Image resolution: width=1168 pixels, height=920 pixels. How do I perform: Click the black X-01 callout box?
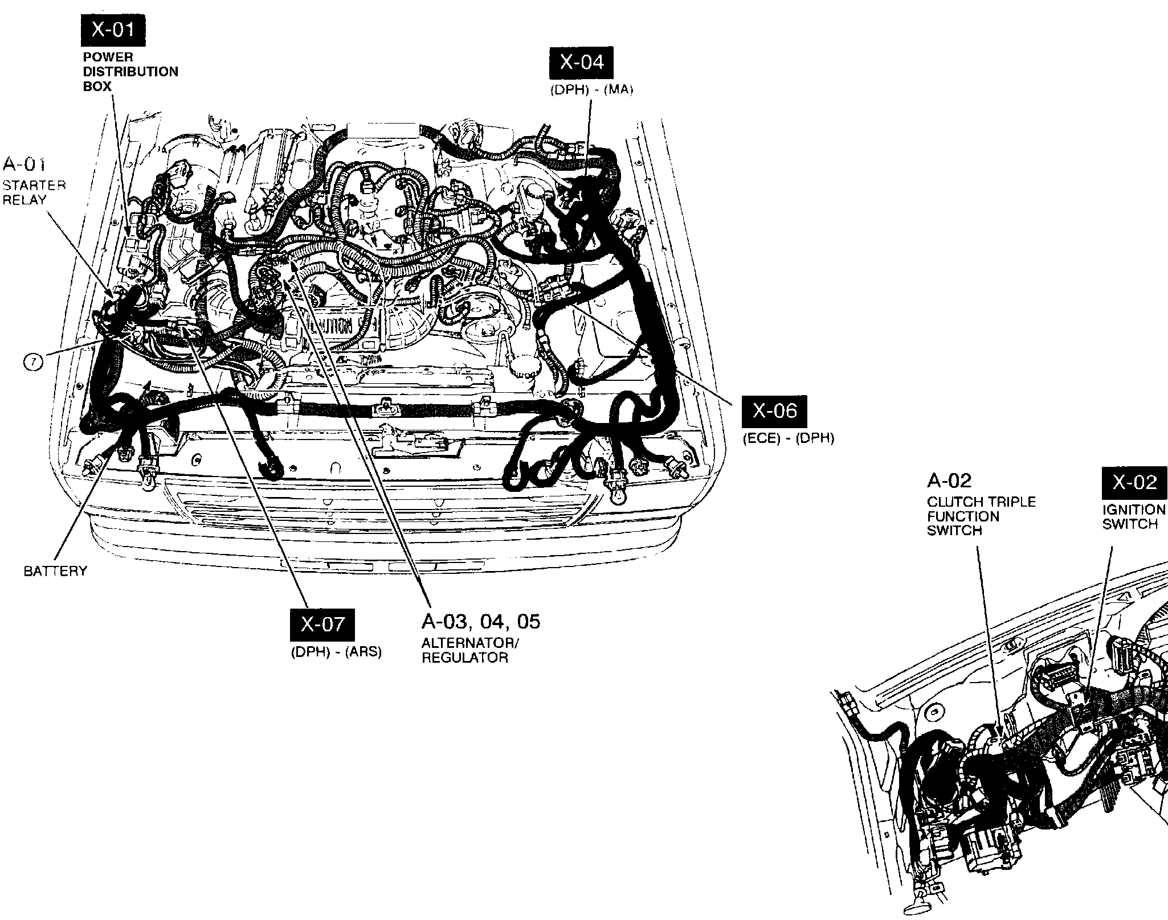coord(113,31)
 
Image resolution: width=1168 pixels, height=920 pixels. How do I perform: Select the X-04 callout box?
coord(581,63)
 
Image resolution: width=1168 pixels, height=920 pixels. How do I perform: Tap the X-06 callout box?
coord(774,411)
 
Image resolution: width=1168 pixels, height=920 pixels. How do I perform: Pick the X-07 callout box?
coord(322,625)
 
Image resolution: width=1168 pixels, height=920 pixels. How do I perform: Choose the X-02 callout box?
coord(1134,483)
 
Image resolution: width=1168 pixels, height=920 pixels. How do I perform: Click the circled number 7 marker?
coord(33,362)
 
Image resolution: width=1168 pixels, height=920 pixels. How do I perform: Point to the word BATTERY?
coord(55,571)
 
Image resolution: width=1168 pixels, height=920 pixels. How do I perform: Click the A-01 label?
coord(24,165)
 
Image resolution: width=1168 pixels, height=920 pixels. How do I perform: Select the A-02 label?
coord(949,481)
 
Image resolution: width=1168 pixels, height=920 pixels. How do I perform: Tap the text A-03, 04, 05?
coord(480,621)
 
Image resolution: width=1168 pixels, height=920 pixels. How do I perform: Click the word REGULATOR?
coord(464,658)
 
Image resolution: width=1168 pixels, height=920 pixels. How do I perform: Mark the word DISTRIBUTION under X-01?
coord(130,72)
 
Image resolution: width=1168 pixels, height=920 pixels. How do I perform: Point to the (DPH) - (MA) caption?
coord(591,90)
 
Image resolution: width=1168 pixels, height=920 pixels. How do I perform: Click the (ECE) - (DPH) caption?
coord(788,438)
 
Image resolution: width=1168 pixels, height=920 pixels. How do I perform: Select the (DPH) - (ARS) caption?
coord(336,652)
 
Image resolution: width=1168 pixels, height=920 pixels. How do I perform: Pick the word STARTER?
coord(34,186)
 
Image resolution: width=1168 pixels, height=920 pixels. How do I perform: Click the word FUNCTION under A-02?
coord(963,517)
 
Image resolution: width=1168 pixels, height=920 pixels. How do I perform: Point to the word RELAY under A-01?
coord(24,200)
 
